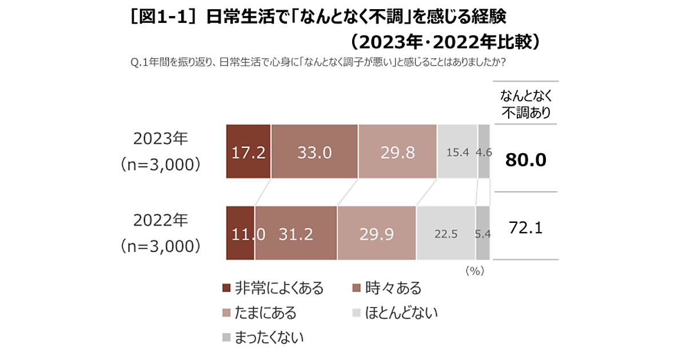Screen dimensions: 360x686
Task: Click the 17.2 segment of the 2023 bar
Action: (248, 151)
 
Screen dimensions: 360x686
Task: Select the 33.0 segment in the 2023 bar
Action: (314, 151)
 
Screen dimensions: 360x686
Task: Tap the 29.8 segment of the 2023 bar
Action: (397, 151)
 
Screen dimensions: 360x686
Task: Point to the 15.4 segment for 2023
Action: (457, 151)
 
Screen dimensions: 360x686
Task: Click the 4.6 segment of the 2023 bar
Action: (484, 151)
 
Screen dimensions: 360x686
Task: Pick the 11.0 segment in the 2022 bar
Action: (241, 233)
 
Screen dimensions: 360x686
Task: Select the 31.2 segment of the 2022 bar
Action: (296, 233)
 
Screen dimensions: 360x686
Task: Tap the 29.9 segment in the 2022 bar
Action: (376, 233)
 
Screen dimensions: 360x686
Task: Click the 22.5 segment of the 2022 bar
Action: (445, 233)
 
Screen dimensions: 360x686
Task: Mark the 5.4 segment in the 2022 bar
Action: (482, 233)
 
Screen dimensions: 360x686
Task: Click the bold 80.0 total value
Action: (525, 160)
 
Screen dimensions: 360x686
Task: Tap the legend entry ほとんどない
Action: (394, 313)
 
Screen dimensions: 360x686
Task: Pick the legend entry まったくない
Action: (262, 337)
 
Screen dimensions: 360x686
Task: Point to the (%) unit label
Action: (474, 270)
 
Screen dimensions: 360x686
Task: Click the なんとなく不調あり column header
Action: (525, 104)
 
